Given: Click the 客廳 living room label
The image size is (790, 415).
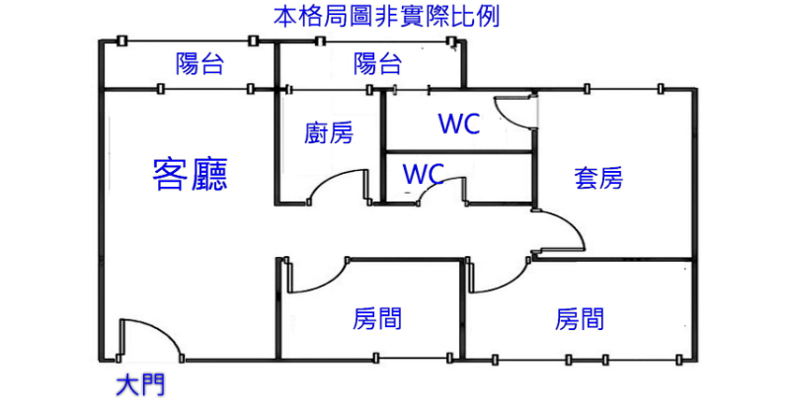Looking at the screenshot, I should tap(191, 174).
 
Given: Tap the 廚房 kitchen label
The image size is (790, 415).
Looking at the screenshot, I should tap(329, 132).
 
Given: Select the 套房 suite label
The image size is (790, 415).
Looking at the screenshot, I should tap(598, 178).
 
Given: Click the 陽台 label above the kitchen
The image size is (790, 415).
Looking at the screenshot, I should tap(377, 65).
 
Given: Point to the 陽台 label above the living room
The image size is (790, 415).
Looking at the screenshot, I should tap(199, 65).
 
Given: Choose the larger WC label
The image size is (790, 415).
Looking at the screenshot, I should tap(459, 124).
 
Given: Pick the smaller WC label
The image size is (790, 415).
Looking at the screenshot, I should tap(422, 174).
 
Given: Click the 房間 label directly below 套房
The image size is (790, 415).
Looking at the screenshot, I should tap(580, 319).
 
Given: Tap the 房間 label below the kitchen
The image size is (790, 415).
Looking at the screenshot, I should tap(377, 319).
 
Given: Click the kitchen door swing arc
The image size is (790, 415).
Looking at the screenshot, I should tap(348, 185).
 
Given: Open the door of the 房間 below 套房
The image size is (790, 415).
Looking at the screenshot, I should tap(500, 277).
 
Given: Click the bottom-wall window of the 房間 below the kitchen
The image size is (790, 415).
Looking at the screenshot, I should tap(413, 358).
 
